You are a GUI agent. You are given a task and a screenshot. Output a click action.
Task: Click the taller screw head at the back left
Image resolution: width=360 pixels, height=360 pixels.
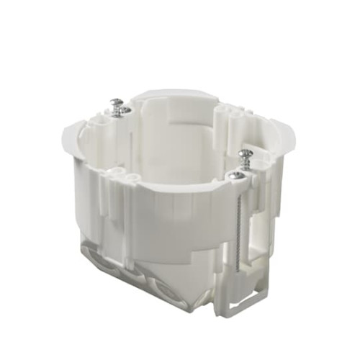coord(115,103)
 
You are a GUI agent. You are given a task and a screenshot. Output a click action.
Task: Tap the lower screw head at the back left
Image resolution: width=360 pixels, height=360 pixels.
coord(125,110)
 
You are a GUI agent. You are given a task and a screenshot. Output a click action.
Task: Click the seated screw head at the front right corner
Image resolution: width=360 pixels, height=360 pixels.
coord(237,174)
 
